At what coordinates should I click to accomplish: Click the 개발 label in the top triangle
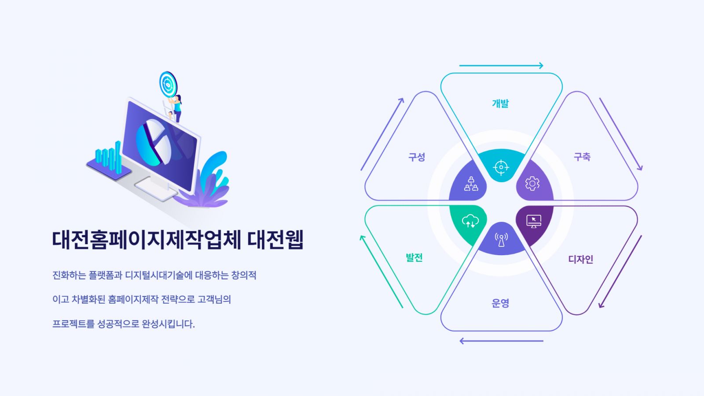(500, 103)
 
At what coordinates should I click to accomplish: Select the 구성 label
(417, 157)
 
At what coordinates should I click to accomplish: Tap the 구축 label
(582, 157)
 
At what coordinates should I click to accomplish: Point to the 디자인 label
(580, 259)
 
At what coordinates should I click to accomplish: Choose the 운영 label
(500, 303)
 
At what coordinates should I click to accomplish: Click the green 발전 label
(414, 258)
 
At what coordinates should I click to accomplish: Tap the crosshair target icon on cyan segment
(501, 167)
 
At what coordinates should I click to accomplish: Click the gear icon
(532, 183)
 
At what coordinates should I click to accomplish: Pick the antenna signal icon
(501, 240)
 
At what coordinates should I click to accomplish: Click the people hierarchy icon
(471, 184)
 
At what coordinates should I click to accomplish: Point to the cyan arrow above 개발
(501, 66)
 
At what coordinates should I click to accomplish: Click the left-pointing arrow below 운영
(501, 341)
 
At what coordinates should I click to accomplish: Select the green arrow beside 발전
(381, 271)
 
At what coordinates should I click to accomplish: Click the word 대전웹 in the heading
(275, 240)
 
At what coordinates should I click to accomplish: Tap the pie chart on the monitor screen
(154, 143)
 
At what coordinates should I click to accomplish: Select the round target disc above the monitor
(168, 84)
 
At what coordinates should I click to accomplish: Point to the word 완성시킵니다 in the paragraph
(168, 324)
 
